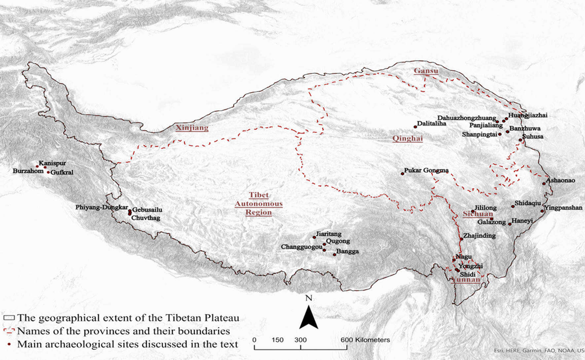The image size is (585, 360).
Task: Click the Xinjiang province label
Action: click(192, 128)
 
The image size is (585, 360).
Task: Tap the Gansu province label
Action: click(426, 71)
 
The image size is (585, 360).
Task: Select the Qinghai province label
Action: click(407, 138)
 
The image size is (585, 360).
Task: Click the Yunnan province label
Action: click(465, 280)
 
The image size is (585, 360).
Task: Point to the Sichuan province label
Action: click(478, 214)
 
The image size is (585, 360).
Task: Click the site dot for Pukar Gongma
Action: click(402, 174)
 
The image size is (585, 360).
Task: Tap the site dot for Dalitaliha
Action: click(415, 127)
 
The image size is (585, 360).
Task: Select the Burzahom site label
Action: click(28, 171)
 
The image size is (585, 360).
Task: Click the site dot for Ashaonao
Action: click(544, 184)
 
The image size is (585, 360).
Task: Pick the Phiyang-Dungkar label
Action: click(101, 207)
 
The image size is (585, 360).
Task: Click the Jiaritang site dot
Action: click(314, 237)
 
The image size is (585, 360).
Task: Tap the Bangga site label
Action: click(347, 251)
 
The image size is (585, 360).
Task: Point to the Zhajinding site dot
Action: click(461, 239)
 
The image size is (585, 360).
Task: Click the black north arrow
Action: click(309, 317)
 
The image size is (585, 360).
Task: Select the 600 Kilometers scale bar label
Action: click(365, 340)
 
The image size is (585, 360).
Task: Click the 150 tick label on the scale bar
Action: click(277, 340)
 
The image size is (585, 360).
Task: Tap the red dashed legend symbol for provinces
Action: click(9, 331)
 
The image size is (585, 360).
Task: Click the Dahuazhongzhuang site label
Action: click(466, 118)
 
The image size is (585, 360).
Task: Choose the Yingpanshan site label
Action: click(563, 208)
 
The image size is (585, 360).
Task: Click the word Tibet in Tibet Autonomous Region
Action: click(259, 195)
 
